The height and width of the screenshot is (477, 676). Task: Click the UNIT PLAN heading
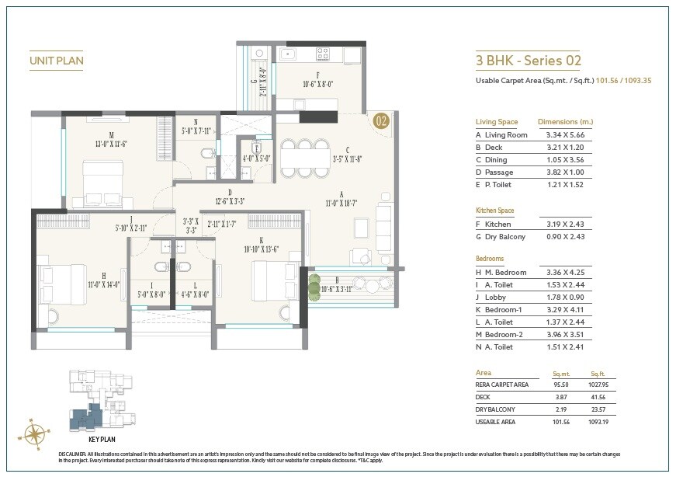point(56,60)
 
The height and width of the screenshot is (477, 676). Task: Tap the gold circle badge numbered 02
point(381,120)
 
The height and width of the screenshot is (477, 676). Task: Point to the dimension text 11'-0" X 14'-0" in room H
point(104,284)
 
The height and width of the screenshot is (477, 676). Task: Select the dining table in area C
point(302,158)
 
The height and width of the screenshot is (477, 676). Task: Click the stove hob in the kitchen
point(323,55)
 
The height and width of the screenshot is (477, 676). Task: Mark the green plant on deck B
point(314,282)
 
